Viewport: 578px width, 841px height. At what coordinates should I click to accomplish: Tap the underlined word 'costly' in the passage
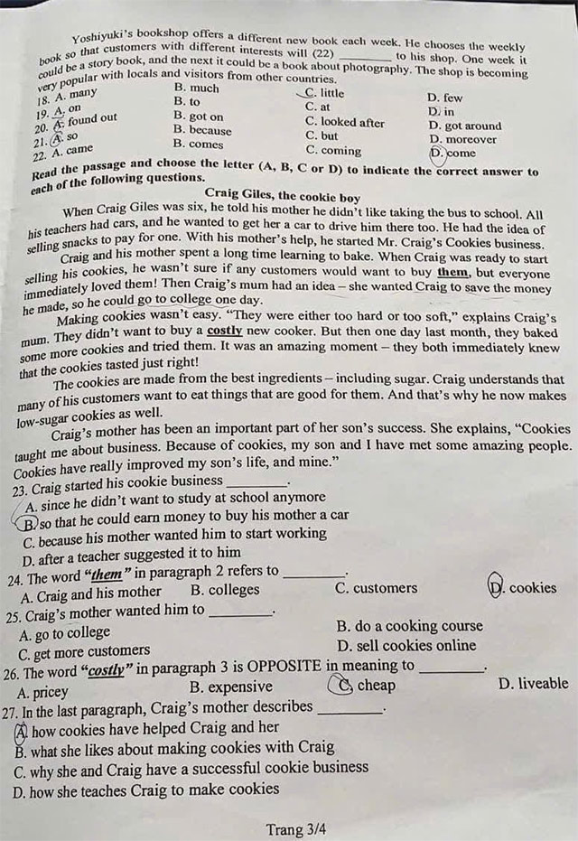226,332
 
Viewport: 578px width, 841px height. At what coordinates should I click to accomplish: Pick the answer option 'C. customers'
376,588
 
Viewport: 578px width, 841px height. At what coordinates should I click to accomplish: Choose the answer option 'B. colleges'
225,590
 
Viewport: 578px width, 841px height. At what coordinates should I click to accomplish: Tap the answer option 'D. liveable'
533,683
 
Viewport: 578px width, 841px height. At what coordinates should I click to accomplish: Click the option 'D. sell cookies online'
406,645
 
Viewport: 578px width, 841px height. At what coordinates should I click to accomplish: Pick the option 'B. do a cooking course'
409,625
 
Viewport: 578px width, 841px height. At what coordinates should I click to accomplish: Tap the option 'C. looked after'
344,122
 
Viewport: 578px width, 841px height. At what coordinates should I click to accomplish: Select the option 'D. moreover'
462,139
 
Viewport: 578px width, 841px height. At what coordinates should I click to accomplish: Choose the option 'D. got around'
464,126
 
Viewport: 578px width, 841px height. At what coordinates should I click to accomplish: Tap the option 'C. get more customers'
86,651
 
